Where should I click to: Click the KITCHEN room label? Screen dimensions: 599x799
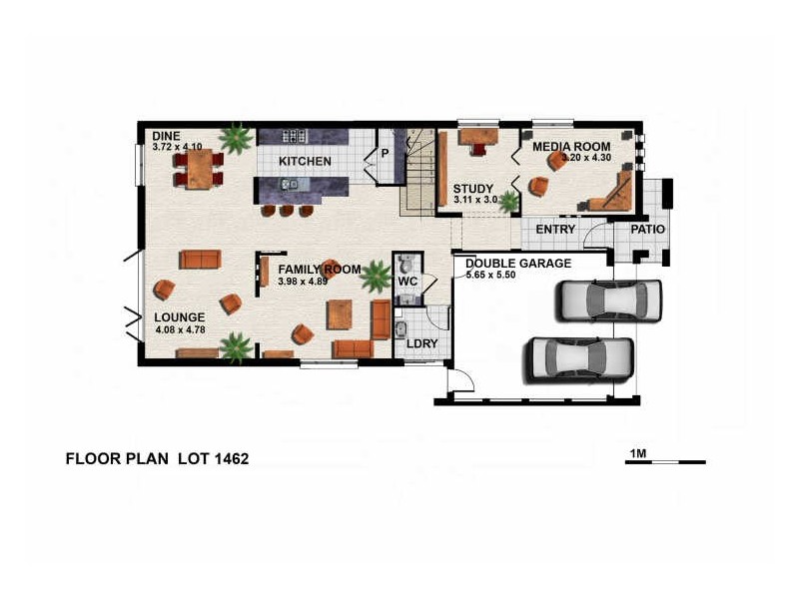point(304,161)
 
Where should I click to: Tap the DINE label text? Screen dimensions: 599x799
point(166,135)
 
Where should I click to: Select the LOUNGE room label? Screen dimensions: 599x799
point(179,318)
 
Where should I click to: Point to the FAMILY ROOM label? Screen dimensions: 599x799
point(319,270)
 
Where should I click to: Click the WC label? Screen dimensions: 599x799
point(406,282)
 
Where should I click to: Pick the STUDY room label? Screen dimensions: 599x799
point(473,188)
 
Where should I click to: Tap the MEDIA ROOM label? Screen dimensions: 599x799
point(570,146)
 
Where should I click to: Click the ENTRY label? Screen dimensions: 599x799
point(555,230)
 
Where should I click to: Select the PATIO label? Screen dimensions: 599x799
point(647,230)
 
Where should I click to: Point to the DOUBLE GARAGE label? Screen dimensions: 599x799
point(517,264)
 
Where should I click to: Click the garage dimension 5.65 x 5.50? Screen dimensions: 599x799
point(504,275)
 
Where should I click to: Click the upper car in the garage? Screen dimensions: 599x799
point(609,299)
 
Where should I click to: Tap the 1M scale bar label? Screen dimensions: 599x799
point(638,454)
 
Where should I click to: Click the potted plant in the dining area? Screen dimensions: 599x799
point(237,138)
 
